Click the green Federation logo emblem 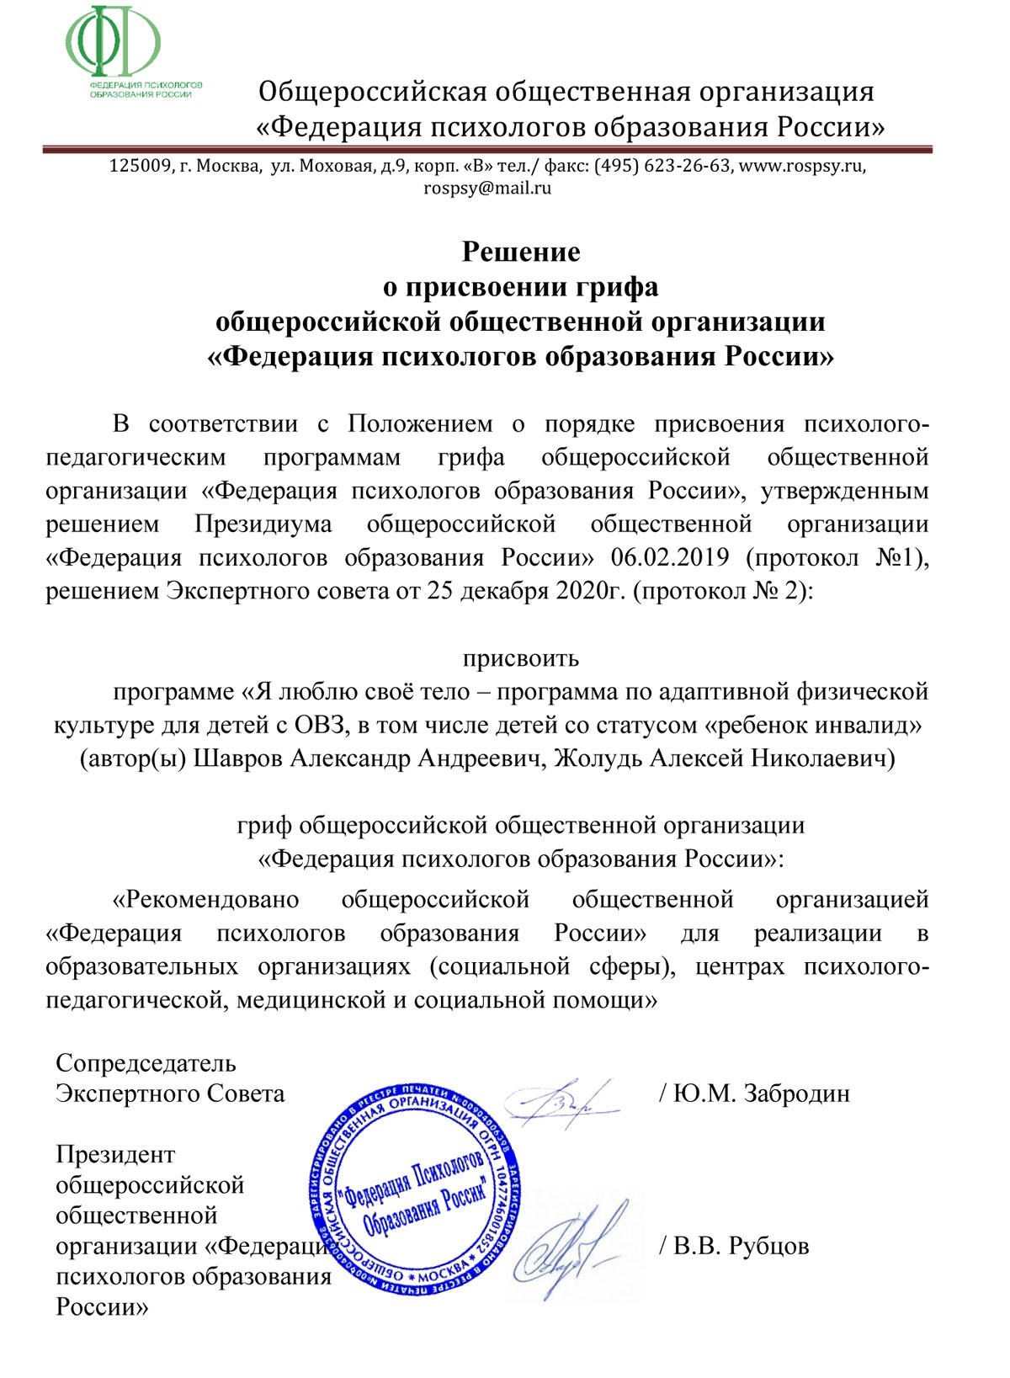[x=114, y=42]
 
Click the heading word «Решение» [x=521, y=252]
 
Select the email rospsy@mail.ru [x=487, y=188]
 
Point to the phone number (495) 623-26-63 [x=662, y=166]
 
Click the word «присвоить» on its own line [x=521, y=657]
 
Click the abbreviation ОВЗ [x=320, y=725]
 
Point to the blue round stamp [x=414, y=1189]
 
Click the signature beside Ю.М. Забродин [x=559, y=1100]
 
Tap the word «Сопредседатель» [x=146, y=1064]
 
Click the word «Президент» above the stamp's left [x=115, y=1155]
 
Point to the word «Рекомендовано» [x=206, y=900]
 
